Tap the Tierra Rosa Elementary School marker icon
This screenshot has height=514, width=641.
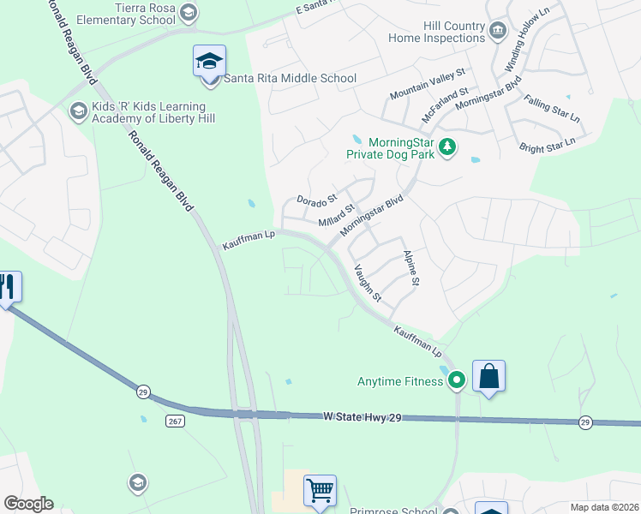click(x=189, y=12)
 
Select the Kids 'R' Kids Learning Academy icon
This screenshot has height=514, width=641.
click(x=79, y=112)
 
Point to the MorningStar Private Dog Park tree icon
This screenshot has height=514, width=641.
click(x=446, y=148)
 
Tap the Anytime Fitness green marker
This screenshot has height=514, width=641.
click(x=457, y=380)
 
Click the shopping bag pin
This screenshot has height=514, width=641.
click(x=488, y=377)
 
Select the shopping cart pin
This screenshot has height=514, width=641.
click(x=320, y=492)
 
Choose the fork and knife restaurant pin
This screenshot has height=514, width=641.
click(x=8, y=287)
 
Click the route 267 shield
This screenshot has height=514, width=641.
click(x=175, y=421)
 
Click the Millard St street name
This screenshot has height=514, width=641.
click(x=336, y=215)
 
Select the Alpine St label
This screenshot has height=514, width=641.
click(x=410, y=268)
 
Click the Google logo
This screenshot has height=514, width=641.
click(x=28, y=504)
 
